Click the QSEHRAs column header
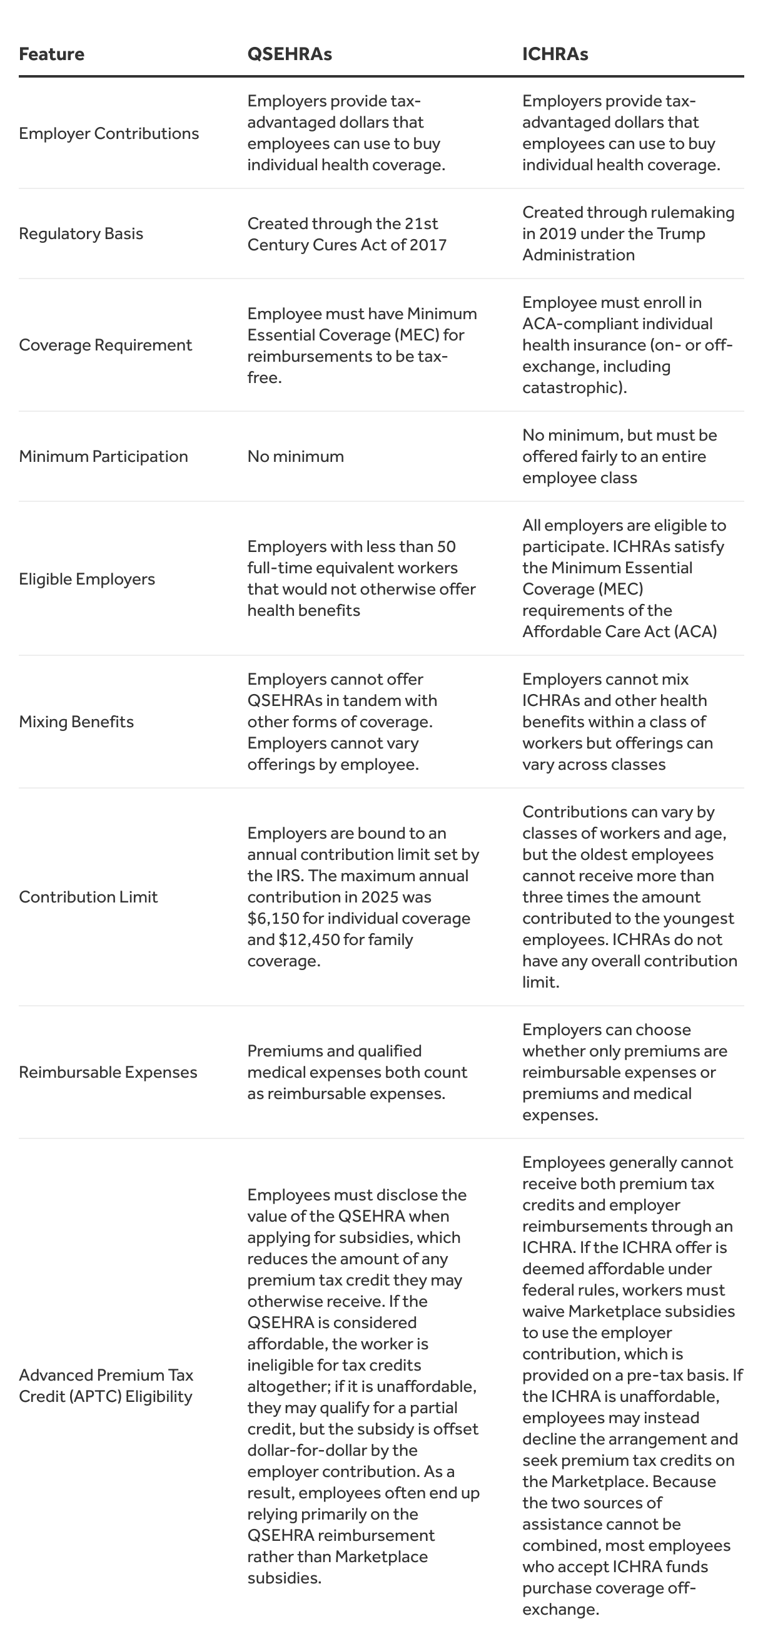[x=290, y=54]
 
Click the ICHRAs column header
[x=555, y=54]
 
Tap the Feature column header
[x=51, y=54]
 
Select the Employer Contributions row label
[x=109, y=133]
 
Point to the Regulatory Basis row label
[x=81, y=233]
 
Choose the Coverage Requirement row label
[x=105, y=345]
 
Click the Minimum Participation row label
[x=103, y=456]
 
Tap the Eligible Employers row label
[x=86, y=579]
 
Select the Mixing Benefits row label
[x=76, y=722]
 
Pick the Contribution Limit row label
[x=88, y=897]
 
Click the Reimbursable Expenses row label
[x=108, y=1072]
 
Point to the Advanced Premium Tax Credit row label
[x=106, y=1385]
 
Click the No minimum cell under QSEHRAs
[x=295, y=456]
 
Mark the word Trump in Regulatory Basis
[x=681, y=233]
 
